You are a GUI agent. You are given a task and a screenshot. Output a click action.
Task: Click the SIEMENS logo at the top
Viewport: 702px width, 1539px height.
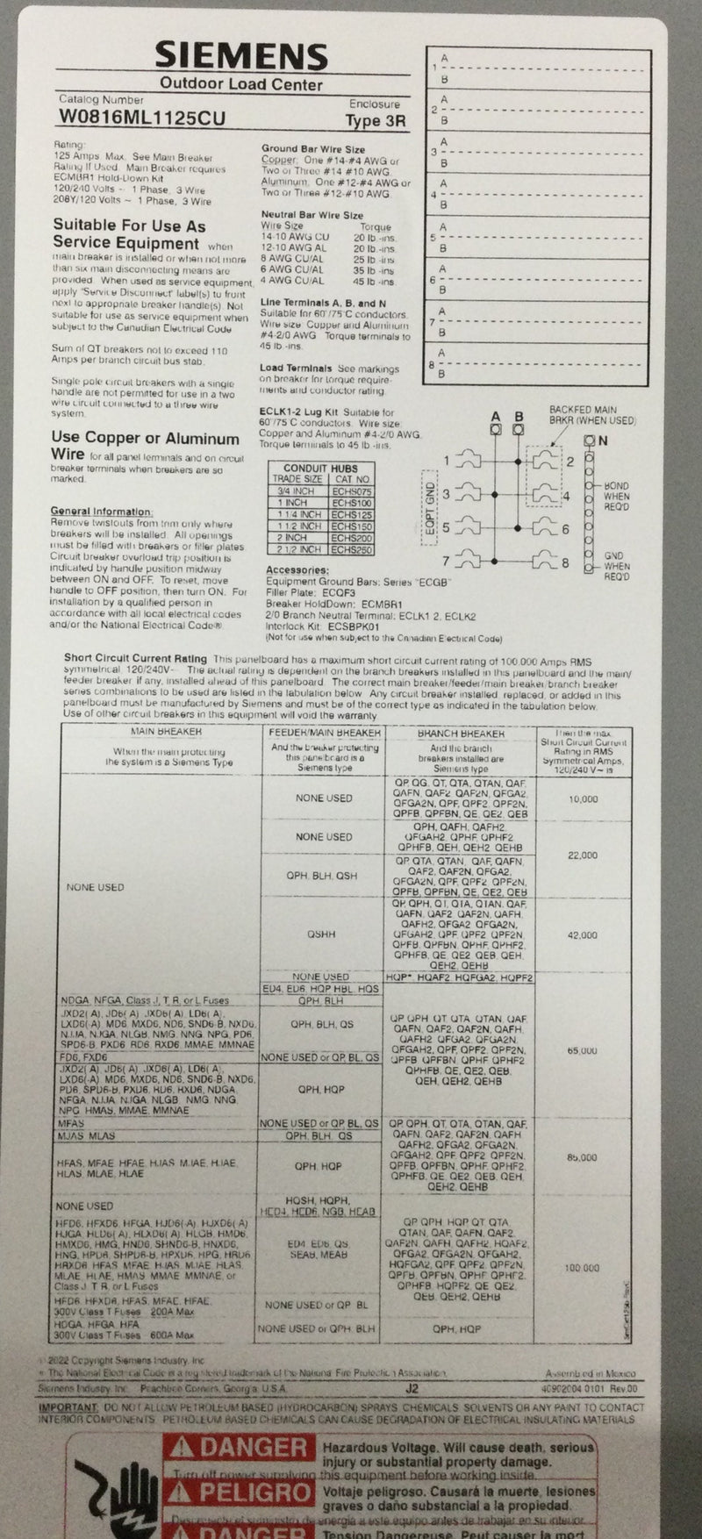click(241, 58)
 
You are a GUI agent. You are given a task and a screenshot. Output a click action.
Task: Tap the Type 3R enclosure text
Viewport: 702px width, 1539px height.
click(376, 121)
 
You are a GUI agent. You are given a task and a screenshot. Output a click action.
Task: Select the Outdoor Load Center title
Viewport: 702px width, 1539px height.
click(240, 85)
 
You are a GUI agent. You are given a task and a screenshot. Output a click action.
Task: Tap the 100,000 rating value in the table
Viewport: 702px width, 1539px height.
click(582, 1268)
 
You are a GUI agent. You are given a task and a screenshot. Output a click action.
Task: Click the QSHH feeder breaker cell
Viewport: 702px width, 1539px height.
click(321, 934)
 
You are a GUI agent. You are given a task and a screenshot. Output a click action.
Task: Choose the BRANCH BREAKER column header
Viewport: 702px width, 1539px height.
click(461, 734)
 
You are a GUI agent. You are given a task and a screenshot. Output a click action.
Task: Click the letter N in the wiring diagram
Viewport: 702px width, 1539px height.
click(602, 441)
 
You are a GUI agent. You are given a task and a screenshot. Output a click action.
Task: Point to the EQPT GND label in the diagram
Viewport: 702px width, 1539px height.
click(429, 506)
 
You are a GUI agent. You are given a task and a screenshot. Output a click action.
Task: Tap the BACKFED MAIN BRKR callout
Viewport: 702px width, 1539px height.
click(583, 415)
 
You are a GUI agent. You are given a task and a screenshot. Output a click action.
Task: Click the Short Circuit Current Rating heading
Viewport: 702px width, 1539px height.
click(135, 658)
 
